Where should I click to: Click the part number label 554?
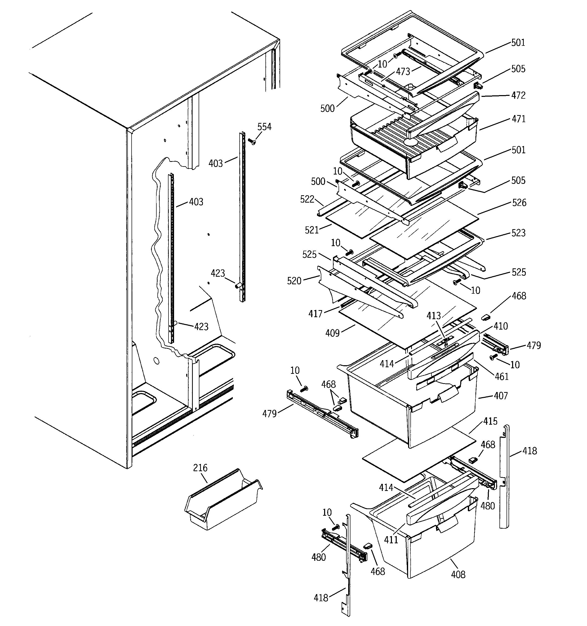tap(264, 127)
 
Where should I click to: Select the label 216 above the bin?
tap(200, 468)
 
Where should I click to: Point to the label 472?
tap(518, 95)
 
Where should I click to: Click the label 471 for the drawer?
tap(518, 119)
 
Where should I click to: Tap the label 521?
tap(312, 230)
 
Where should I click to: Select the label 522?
tap(307, 199)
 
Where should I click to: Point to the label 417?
tap(316, 314)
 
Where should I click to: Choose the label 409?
tap(332, 333)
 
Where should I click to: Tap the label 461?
tap(502, 376)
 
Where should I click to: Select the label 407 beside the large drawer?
tap(501, 396)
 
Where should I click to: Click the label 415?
tap(490, 421)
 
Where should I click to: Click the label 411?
tap(391, 540)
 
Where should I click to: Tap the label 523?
tap(519, 233)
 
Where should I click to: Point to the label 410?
tap(501, 326)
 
